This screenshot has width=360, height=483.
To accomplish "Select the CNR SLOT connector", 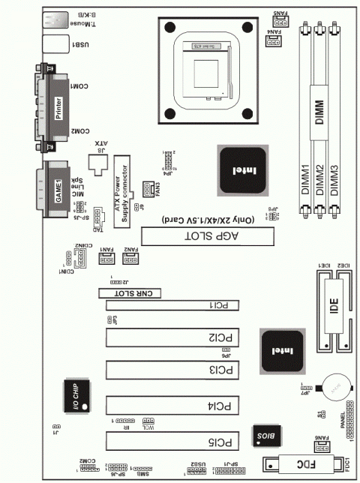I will [132, 294].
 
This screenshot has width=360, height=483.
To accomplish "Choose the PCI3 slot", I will [172, 370].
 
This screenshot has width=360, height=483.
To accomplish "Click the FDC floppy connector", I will [300, 464].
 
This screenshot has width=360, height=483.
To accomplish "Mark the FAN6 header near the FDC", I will [320, 447].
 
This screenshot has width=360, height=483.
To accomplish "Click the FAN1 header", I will [106, 259].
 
